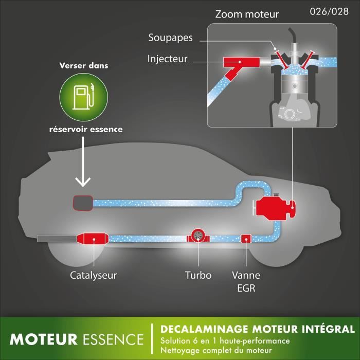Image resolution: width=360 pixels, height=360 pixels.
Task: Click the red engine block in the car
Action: click(273, 207)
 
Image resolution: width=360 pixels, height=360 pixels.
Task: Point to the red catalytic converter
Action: click(94, 239)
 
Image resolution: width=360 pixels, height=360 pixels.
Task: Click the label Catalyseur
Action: click(94, 275)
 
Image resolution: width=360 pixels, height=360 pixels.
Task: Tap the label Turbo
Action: click(198, 275)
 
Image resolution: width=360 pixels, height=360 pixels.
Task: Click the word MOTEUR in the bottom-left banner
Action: click(44, 339)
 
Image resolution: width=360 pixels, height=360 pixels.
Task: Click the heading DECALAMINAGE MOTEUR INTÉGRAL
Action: click(257, 329)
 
